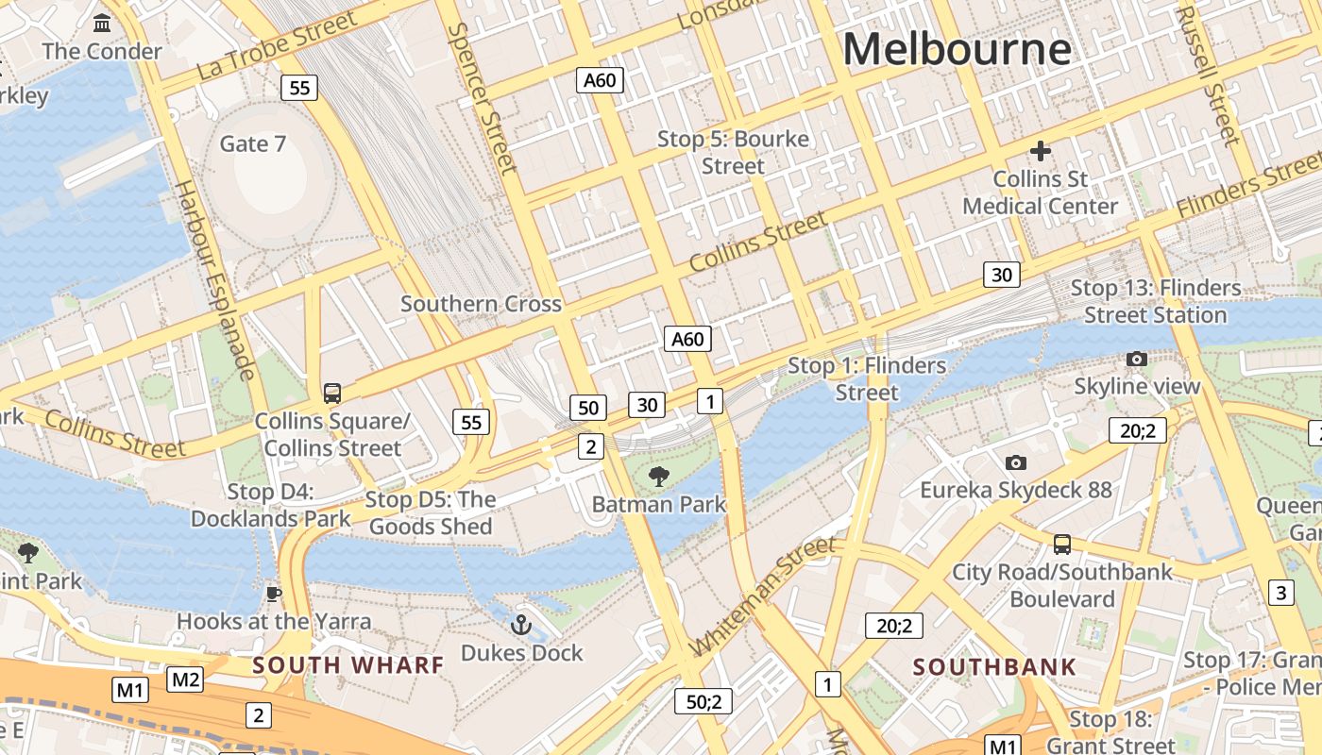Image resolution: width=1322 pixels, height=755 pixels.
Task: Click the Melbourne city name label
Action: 957,49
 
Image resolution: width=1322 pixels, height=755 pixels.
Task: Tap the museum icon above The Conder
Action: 102,23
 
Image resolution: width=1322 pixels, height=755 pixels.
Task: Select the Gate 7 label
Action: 252,143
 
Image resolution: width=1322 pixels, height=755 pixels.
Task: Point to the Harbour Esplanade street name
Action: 216,279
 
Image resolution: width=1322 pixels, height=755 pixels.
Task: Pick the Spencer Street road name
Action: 482,98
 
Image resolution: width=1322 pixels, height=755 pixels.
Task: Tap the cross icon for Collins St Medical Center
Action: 1041,151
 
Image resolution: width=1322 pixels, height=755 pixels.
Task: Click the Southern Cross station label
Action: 481,304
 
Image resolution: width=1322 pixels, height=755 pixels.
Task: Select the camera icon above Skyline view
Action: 1137,359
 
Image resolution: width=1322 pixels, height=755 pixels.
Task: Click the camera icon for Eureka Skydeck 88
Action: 1015,462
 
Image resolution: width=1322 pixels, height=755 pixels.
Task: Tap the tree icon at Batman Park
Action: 659,477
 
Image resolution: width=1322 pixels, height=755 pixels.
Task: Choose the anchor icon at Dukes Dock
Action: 520,625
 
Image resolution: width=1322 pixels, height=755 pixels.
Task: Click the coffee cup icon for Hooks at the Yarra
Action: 274,594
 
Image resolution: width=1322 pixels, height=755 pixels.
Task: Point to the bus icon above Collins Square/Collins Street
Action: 331,393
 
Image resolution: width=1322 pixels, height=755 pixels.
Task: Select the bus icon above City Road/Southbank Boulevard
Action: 1062,545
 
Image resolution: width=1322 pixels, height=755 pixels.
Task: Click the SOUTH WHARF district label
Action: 347,664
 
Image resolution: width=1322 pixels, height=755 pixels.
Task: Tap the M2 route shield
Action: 185,679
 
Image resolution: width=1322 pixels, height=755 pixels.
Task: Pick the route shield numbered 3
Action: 1280,593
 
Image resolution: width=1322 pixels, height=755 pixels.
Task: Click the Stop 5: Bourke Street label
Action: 733,152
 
